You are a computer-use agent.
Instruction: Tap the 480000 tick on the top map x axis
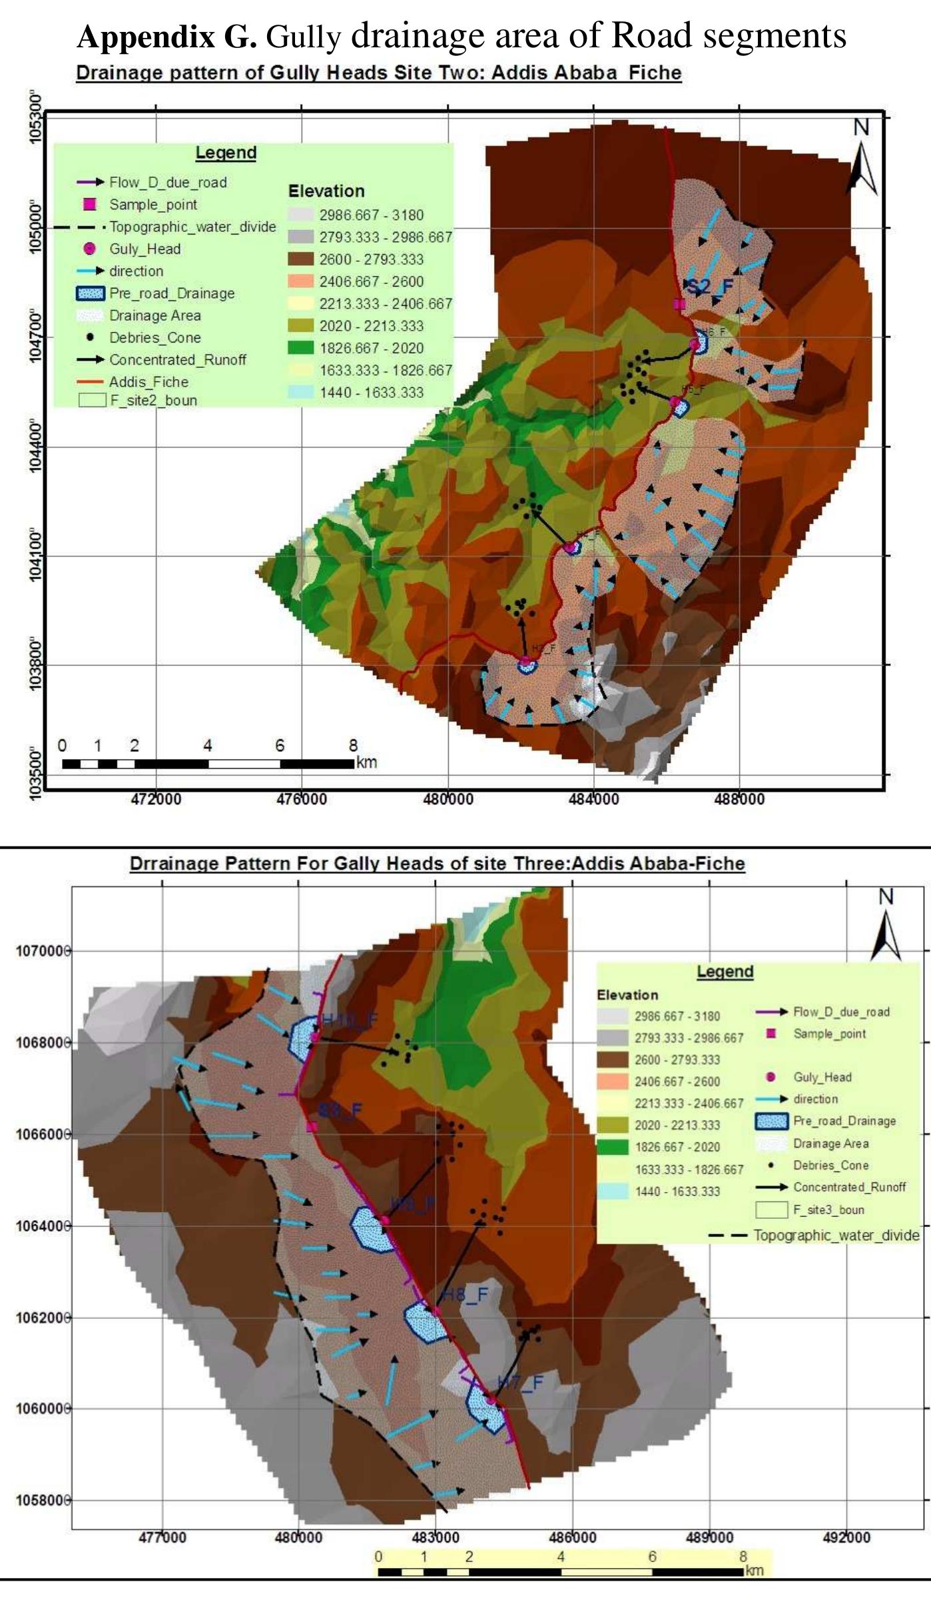coord(448,798)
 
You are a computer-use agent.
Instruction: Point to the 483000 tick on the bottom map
coord(435,1537)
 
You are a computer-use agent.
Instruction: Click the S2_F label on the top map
coord(710,287)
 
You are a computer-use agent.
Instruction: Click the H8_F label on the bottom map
coord(465,1295)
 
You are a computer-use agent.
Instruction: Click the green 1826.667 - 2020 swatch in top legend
coord(300,348)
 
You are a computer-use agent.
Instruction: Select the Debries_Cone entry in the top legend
coord(155,338)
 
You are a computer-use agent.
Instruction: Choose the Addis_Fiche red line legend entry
coord(149,382)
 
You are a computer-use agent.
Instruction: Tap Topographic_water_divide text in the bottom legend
coord(836,1235)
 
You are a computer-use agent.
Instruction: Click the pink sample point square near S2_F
coord(679,305)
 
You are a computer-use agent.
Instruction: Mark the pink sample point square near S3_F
coord(311,1127)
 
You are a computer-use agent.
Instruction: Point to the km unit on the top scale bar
coord(366,762)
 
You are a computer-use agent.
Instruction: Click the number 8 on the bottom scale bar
coord(743,1557)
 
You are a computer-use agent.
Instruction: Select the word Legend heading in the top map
coord(226,153)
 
